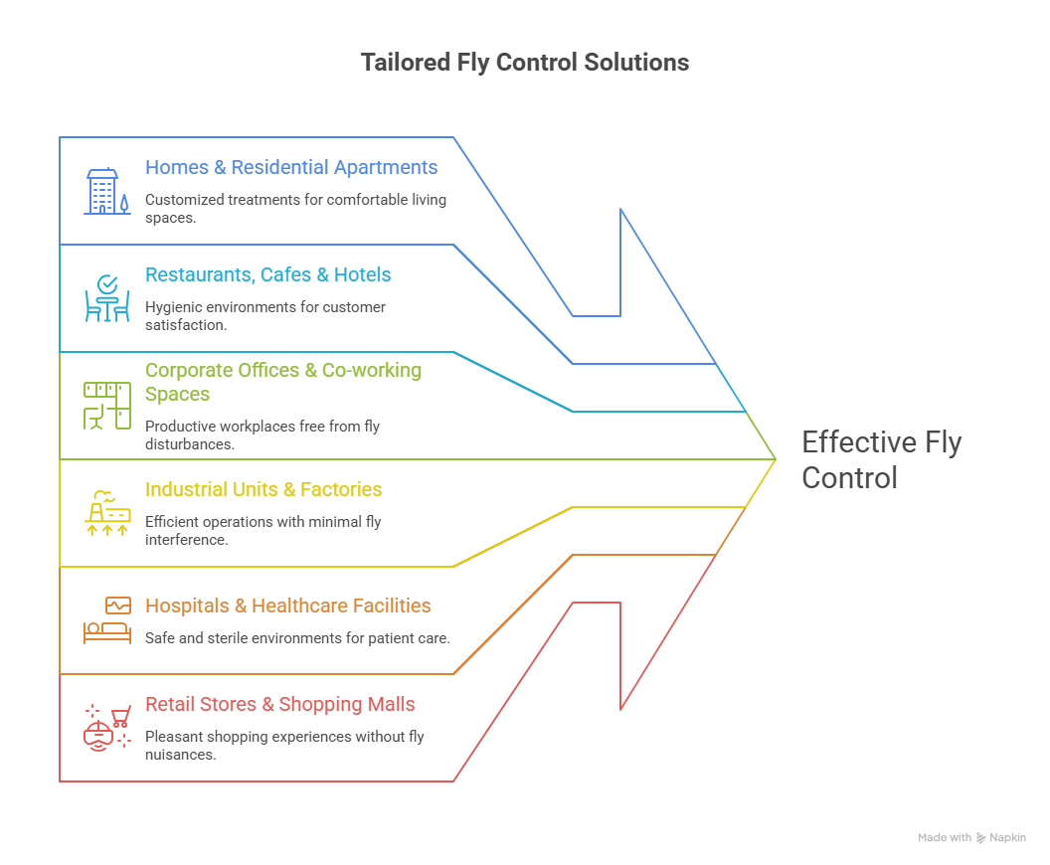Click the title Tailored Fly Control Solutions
click(524, 63)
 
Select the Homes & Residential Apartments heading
click(291, 168)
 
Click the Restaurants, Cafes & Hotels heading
click(267, 275)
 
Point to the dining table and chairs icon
click(106, 299)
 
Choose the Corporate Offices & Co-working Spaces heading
click(283, 382)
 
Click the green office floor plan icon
click(106, 406)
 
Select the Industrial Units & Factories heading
click(263, 490)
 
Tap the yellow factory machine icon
click(106, 513)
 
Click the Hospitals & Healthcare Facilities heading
click(287, 605)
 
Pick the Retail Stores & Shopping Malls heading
click(279, 705)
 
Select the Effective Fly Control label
click(881, 459)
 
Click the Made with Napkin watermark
click(970, 838)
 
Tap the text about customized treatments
click(295, 208)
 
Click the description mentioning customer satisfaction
click(264, 315)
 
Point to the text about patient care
click(297, 638)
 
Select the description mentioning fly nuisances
click(283, 746)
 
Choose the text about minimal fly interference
click(262, 530)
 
